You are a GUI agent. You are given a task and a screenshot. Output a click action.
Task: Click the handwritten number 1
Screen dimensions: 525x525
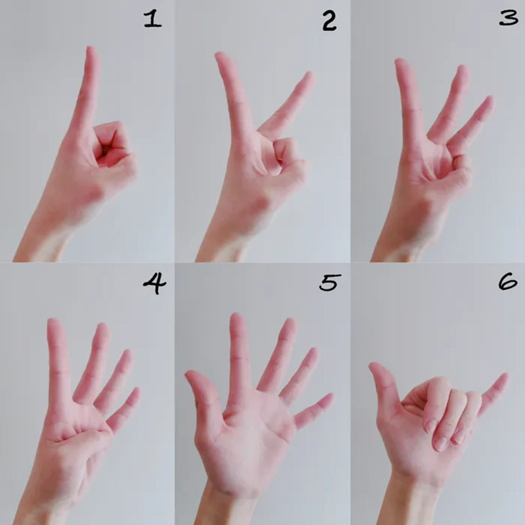[153, 20]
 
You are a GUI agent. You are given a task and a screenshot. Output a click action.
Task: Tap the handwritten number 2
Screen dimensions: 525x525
[329, 20]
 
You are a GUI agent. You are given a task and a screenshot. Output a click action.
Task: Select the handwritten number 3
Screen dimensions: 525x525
[508, 18]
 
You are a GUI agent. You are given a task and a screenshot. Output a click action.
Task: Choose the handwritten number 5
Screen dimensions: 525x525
[330, 282]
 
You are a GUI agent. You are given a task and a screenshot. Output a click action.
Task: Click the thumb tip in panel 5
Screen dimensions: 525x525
[190, 374]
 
